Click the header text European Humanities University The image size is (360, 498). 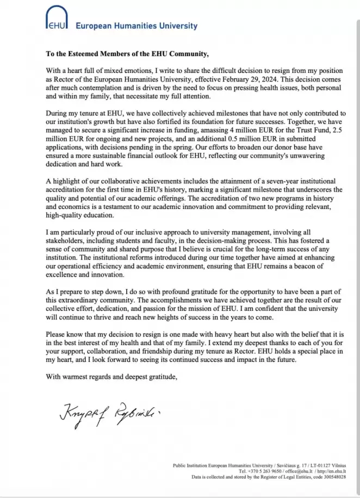(136, 26)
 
